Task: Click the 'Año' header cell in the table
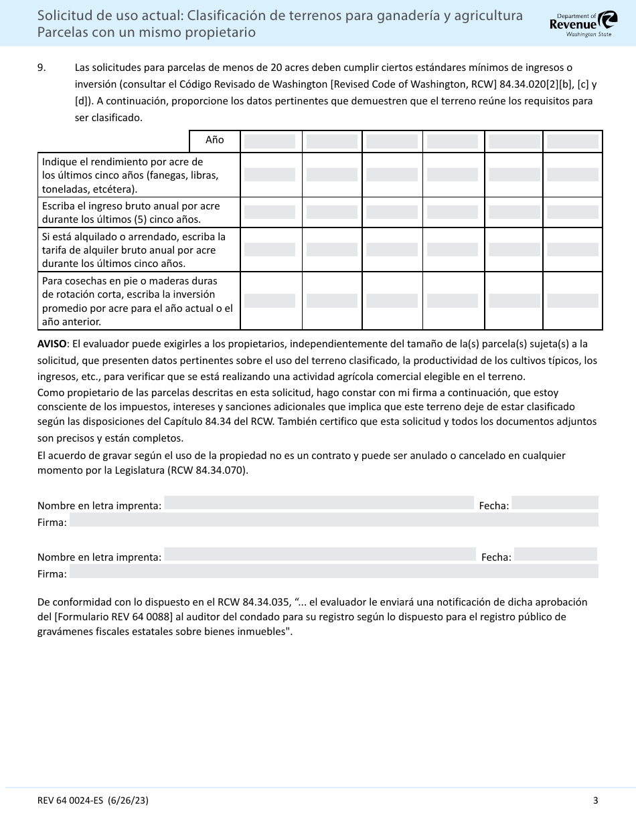pyautogui.click(x=214, y=141)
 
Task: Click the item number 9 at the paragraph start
pyautogui.click(x=42, y=68)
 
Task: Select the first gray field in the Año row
pyautogui.click(x=269, y=141)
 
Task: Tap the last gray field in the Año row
pyautogui.click(x=572, y=141)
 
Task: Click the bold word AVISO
pyautogui.click(x=52, y=344)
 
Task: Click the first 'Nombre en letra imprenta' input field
pyautogui.click(x=319, y=503)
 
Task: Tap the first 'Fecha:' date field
pyautogui.click(x=555, y=503)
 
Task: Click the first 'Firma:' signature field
pyautogui.click(x=333, y=520)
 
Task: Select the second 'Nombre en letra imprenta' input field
pyautogui.click(x=320, y=555)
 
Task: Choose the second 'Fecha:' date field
pyautogui.click(x=556, y=555)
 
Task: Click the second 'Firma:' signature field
pyautogui.click(x=333, y=571)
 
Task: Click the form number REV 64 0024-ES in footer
pyautogui.click(x=79, y=800)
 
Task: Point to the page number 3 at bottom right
pyautogui.click(x=595, y=800)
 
